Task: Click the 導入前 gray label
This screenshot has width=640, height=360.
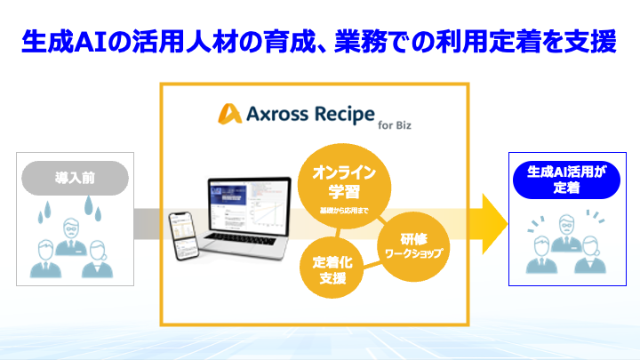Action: pos(75,177)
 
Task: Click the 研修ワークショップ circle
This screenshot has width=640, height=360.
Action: pos(411,245)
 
